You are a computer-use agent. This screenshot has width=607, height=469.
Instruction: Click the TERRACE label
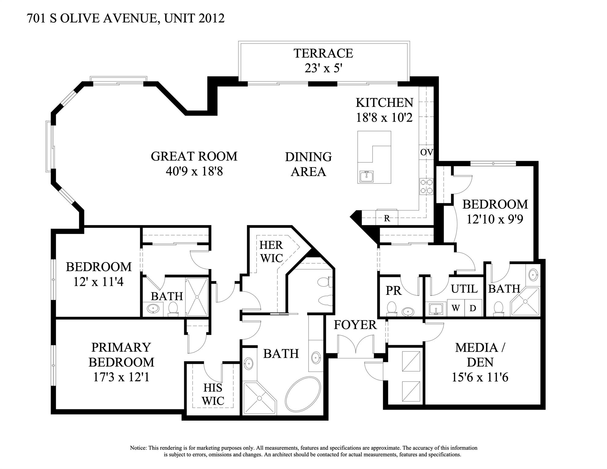323,53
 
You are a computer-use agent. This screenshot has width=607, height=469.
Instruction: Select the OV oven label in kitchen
426,152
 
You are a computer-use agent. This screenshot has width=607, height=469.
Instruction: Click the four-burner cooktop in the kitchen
426,186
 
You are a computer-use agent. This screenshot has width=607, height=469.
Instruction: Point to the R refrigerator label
387,218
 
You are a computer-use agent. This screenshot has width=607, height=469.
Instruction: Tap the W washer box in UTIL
455,308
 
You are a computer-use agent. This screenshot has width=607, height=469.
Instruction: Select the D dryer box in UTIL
473,308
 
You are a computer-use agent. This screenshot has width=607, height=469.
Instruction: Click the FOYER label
355,325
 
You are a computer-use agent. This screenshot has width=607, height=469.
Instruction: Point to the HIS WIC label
213,394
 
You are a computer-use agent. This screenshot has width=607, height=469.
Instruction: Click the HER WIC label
271,251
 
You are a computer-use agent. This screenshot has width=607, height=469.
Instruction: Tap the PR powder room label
393,291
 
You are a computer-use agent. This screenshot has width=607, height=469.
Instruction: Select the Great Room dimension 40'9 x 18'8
194,171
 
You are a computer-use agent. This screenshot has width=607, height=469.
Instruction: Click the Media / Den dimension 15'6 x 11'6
480,377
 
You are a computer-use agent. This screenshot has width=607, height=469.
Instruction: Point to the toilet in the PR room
391,309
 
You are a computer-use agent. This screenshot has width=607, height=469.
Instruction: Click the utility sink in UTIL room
436,309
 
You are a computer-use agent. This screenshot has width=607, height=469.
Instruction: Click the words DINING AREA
308,164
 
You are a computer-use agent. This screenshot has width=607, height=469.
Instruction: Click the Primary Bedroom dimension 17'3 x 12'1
121,377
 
